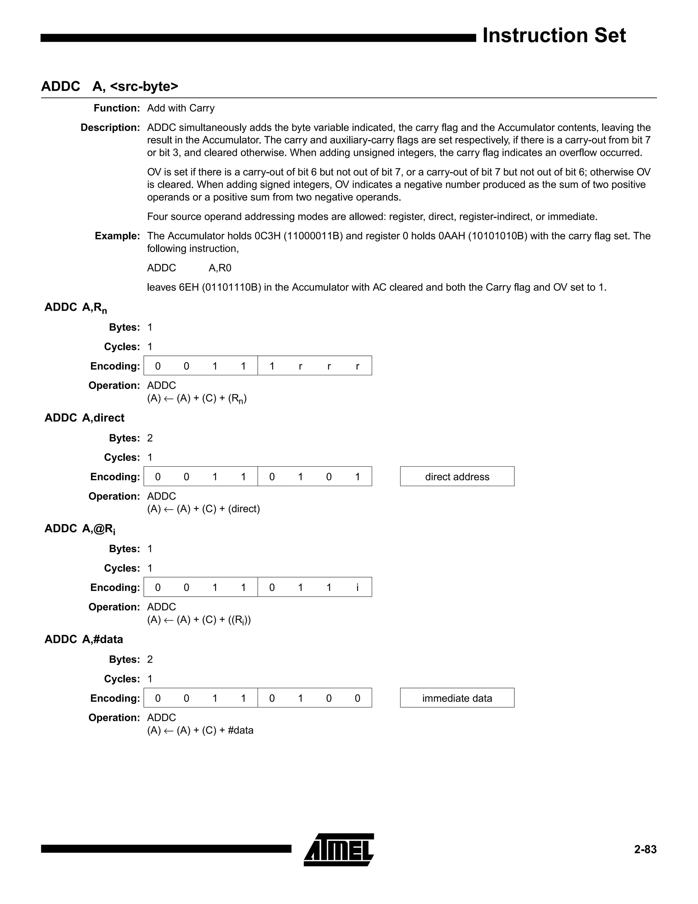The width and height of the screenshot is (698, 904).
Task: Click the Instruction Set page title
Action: [554, 35]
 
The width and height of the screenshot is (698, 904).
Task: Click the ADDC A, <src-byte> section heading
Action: [110, 86]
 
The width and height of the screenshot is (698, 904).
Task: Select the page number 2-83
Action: [645, 849]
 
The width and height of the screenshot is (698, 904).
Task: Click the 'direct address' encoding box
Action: [457, 477]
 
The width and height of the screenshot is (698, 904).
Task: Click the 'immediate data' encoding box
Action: [457, 698]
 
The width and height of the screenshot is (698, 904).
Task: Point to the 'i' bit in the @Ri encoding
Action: [357, 587]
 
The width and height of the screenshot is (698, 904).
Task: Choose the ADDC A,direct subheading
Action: [85, 418]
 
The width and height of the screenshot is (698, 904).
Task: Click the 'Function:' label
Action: [117, 108]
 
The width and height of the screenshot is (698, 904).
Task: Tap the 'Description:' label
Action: [110, 128]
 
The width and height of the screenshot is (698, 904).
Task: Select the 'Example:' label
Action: [118, 236]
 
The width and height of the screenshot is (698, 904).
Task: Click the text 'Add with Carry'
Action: [181, 108]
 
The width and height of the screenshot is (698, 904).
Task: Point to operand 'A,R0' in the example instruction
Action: [219, 268]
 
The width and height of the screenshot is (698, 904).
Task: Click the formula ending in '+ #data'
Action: [200, 730]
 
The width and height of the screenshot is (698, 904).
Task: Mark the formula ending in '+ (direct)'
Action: [203, 509]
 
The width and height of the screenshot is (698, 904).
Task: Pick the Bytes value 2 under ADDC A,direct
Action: [150, 438]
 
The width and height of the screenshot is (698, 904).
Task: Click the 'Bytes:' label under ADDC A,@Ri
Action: [124, 549]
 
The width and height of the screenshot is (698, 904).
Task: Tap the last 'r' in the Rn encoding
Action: [357, 366]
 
